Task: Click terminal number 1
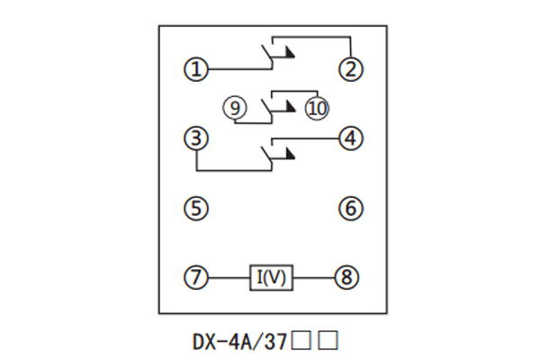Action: (x=196, y=68)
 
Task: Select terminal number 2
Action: (x=349, y=68)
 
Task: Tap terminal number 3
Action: (x=196, y=139)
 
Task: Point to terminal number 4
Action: (x=349, y=139)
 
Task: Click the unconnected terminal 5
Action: (x=196, y=209)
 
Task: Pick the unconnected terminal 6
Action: (x=349, y=209)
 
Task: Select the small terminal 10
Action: (x=318, y=109)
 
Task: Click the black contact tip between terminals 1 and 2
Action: (x=289, y=55)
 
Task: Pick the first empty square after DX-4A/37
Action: (x=303, y=341)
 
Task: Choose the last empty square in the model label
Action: (x=329, y=341)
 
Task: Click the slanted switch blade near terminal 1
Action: (x=267, y=57)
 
